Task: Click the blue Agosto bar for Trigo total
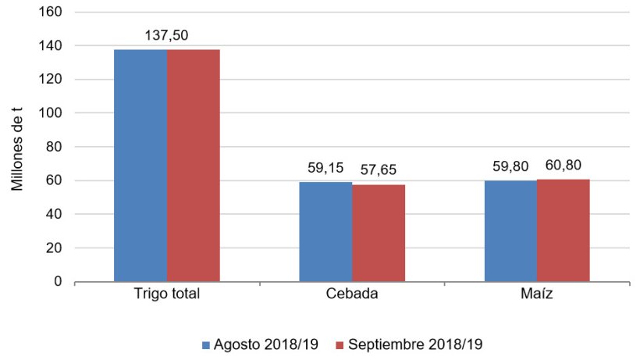(x=140, y=166)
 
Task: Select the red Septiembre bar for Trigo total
(x=193, y=166)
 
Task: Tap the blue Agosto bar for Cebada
(x=325, y=232)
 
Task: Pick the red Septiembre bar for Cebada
(x=378, y=233)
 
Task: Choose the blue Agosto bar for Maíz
(x=510, y=231)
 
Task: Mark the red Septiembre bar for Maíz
(x=563, y=230)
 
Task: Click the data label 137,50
(x=166, y=36)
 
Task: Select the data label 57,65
(x=379, y=169)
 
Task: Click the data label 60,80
(x=564, y=165)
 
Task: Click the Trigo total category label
(x=166, y=296)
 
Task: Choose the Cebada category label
(x=351, y=296)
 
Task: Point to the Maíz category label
(x=536, y=296)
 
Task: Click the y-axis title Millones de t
(x=18, y=147)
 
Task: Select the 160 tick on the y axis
(x=53, y=12)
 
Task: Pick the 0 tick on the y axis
(x=59, y=281)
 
